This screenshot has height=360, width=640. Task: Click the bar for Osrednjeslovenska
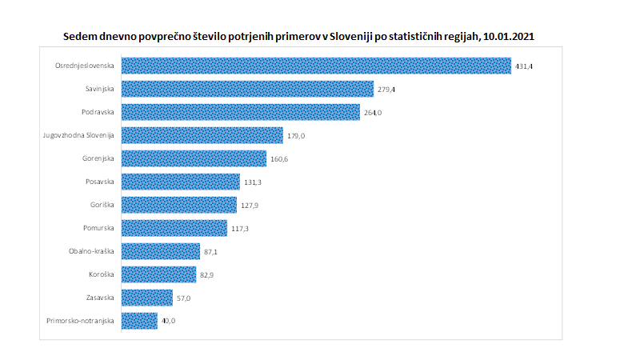point(316,66)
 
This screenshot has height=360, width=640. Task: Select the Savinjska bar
point(247,89)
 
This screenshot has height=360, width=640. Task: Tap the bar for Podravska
point(241,112)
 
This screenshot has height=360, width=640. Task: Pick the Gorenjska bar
point(194,158)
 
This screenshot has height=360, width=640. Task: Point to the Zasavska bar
point(146,298)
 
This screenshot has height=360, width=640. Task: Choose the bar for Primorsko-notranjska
point(139,321)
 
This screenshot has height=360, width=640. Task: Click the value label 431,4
point(523,66)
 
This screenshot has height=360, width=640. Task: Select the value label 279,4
point(386,90)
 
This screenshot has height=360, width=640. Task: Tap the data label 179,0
point(295,136)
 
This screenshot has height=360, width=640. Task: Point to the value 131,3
point(253,182)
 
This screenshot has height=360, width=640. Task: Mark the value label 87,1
point(211,252)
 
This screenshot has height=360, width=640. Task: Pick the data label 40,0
point(169,322)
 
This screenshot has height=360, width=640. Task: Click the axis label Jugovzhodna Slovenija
point(79,135)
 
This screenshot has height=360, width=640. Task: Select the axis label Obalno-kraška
point(92,251)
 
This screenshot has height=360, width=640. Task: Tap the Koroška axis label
point(102,274)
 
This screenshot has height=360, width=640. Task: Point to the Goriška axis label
point(102,205)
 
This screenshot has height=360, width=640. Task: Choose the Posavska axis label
point(100,182)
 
